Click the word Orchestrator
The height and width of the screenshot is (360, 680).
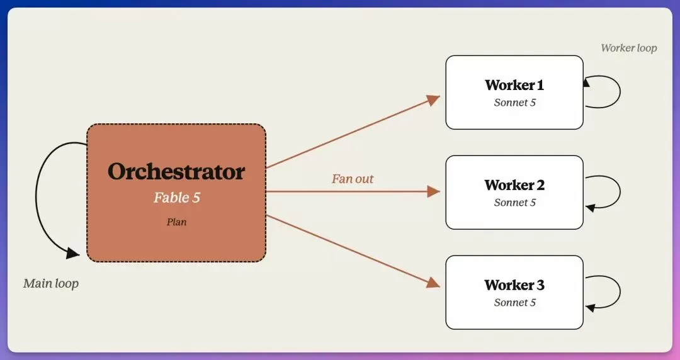point(176,171)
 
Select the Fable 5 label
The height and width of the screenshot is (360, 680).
point(176,198)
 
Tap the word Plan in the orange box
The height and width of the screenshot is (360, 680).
point(176,222)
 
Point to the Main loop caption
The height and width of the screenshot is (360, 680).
point(51,284)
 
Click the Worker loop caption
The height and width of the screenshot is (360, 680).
point(629,48)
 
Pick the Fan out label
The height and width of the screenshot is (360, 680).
point(353,179)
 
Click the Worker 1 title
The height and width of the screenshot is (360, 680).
point(514,85)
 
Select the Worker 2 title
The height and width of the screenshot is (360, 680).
point(514,185)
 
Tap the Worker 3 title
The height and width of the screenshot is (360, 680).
point(514,285)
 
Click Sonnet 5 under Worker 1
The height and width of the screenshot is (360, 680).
point(515,103)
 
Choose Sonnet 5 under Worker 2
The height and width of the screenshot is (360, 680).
point(515,203)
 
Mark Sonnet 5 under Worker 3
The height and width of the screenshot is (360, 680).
point(515,302)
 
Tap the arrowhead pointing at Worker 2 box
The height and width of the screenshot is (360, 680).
point(434,191)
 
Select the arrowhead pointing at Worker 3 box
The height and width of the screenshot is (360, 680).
point(433,283)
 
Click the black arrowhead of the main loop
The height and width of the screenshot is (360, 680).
point(73,253)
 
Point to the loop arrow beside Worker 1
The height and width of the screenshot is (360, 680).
point(620,91)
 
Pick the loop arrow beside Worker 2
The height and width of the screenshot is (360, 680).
point(620,192)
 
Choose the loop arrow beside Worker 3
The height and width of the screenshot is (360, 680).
point(620,292)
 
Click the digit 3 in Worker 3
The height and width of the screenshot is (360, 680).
point(540,285)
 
